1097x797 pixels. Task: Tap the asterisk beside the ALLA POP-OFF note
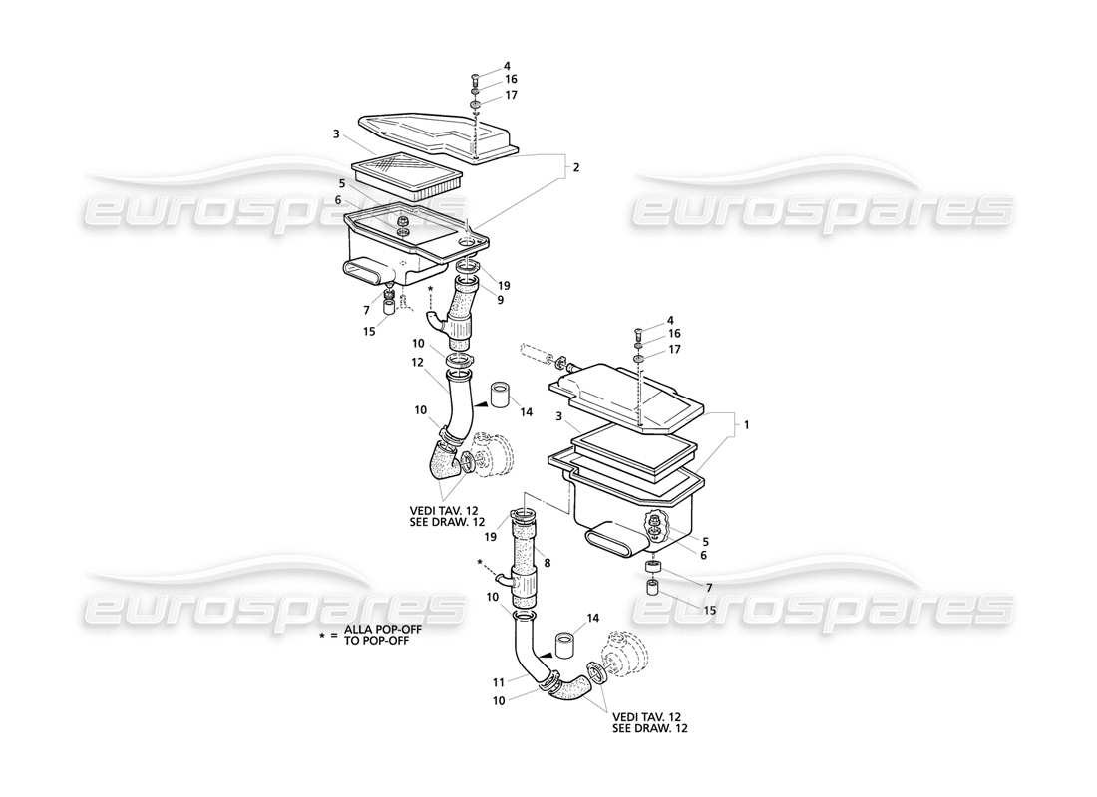(x=321, y=635)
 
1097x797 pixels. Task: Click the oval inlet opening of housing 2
(x=364, y=270)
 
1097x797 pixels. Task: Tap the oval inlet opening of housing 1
(x=610, y=541)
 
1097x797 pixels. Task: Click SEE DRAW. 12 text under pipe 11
(x=650, y=729)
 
